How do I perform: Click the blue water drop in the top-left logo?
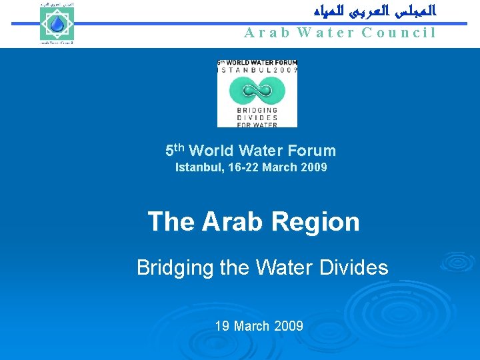(x=56, y=24)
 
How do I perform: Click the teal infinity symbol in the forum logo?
(x=257, y=90)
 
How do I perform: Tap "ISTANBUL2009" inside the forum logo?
(x=257, y=69)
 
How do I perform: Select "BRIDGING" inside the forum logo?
(x=257, y=110)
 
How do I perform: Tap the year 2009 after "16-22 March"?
(x=313, y=167)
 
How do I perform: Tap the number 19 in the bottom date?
(x=222, y=326)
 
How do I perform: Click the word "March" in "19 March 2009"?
(x=252, y=326)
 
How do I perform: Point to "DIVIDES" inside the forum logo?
(x=257, y=117)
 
